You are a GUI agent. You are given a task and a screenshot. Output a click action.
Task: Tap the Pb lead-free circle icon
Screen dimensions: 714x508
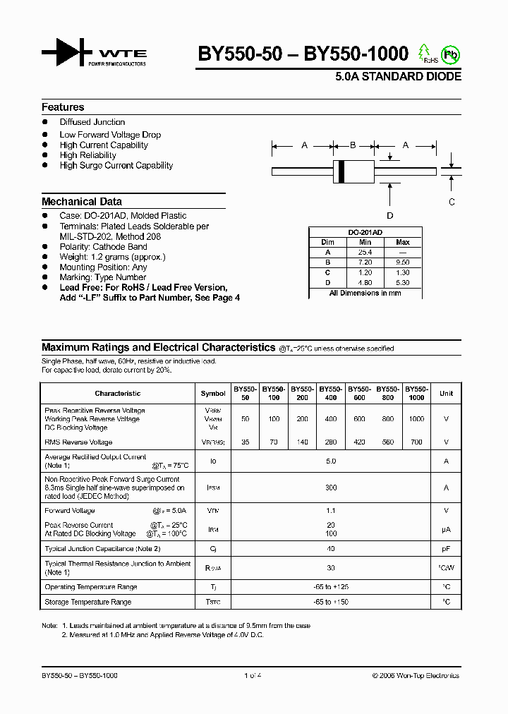449,54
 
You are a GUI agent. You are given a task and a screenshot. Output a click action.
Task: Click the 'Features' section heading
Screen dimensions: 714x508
63,107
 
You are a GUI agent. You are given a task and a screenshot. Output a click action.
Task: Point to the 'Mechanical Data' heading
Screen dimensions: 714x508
82,201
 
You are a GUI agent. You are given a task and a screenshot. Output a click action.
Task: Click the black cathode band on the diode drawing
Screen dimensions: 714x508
342,171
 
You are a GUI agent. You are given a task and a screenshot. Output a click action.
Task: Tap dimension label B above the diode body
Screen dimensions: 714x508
353,145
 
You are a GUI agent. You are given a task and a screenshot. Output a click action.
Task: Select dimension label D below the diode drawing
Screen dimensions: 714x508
389,216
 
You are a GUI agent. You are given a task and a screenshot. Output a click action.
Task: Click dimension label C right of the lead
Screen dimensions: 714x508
452,201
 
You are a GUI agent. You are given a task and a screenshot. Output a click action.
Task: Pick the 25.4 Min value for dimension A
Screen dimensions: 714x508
365,252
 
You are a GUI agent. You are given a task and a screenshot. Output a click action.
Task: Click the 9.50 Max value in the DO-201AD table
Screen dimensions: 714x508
403,262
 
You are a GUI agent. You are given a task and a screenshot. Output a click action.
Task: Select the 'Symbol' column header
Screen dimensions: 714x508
213,393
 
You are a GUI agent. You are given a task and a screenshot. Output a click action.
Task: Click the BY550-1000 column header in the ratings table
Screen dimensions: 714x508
417,393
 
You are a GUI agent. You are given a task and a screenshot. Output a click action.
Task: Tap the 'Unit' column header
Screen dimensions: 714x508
446,393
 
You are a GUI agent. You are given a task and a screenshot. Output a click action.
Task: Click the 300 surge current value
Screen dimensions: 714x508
331,488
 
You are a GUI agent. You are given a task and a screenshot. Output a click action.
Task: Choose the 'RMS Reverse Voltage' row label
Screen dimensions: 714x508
78,442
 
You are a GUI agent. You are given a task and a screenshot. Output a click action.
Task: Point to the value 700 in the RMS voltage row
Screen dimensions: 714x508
417,442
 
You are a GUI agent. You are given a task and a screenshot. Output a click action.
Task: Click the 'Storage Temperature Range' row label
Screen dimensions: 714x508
87,602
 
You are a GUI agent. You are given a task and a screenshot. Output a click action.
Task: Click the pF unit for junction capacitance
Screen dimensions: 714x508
446,548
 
